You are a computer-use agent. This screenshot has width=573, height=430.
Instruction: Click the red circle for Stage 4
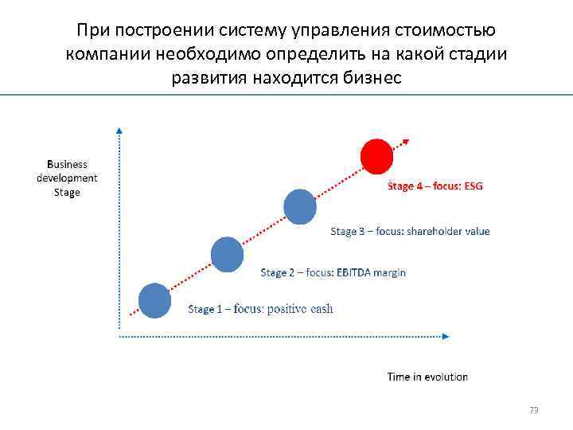coord(376,156)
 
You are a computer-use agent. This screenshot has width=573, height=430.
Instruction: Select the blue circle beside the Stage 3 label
coord(300,206)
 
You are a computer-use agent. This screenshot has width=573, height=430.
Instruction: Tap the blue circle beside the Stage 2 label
coord(227,254)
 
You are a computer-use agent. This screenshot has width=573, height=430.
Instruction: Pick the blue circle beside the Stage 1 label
coord(154,300)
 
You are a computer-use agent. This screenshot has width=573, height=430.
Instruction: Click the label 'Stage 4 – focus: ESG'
coord(435,186)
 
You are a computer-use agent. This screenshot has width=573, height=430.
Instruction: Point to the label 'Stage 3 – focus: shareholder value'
coord(410,232)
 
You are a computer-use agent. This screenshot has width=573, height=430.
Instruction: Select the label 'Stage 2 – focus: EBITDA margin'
coord(333,272)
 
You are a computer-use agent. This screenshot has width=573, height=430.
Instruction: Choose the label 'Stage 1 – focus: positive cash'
coord(260,309)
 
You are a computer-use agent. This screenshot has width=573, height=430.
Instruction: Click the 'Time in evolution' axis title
coord(427,377)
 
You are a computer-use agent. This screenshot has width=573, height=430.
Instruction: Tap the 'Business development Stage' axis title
coord(67,178)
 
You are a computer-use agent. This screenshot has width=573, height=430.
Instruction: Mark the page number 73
coord(534,411)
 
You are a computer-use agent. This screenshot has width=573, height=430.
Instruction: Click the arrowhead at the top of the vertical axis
coord(119,129)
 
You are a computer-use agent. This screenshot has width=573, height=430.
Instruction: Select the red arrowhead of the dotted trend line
coord(406,142)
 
